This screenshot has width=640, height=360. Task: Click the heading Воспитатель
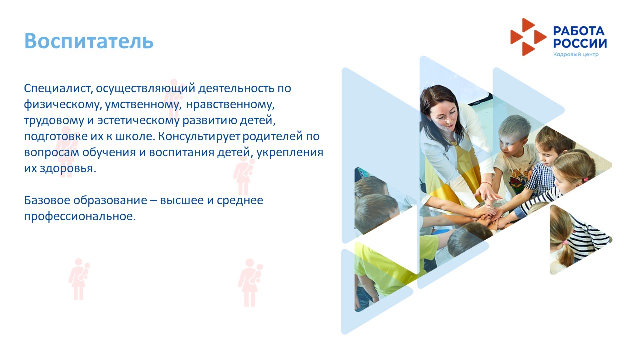coord(89,41)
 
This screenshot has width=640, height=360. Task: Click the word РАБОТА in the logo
coord(579,31)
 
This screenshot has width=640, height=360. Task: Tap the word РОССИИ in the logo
coord(580,43)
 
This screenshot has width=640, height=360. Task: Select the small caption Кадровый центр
coord(576,54)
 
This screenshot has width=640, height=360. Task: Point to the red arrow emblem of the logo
coord(528,37)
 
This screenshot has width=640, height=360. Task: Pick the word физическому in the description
coord(63,105)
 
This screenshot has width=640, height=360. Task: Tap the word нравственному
coord(230,104)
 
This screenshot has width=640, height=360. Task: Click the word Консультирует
coord(199,137)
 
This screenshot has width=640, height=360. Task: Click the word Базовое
coord(47,200)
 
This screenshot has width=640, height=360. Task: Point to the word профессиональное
coord(80,217)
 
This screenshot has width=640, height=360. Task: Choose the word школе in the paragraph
coord(135,136)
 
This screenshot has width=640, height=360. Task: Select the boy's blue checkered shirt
coord(540,178)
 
